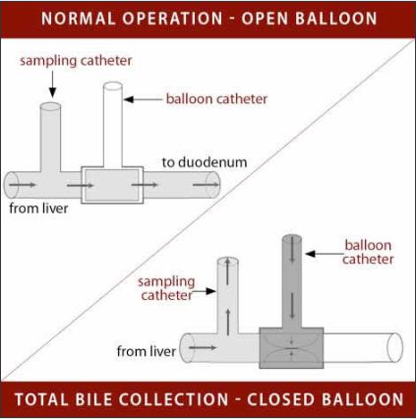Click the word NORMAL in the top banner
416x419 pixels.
click(x=78, y=19)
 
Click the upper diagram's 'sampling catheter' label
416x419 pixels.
click(x=76, y=61)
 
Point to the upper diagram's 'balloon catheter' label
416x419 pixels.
click(x=216, y=99)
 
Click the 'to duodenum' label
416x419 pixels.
click(x=205, y=162)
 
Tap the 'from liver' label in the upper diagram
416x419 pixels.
click(x=38, y=209)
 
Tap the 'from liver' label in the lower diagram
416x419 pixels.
click(x=147, y=351)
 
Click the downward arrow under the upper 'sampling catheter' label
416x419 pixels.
click(x=52, y=85)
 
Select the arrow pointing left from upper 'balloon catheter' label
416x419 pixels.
click(x=143, y=99)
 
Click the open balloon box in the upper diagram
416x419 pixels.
click(x=112, y=185)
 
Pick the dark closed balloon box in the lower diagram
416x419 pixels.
click(x=291, y=348)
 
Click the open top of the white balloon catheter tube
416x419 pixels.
click(x=113, y=87)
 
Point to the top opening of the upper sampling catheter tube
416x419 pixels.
click(x=50, y=106)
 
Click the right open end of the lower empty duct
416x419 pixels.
click(x=394, y=347)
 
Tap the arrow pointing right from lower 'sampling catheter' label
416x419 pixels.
click(x=204, y=291)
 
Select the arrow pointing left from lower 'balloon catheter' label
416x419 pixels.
click(x=325, y=254)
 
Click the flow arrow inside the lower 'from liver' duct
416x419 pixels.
click(x=203, y=347)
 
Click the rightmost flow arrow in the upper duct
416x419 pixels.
click(x=206, y=185)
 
